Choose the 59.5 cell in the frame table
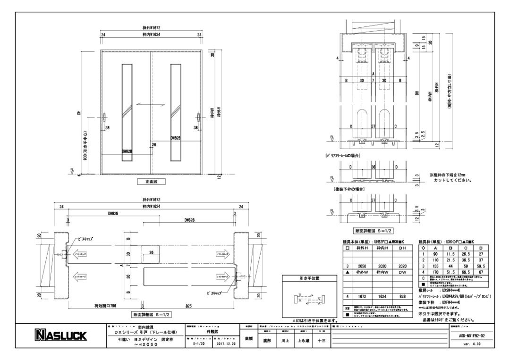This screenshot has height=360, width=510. point(480,266)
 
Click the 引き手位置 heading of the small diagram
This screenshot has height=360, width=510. point(309,278)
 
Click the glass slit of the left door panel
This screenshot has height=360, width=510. point(125,112)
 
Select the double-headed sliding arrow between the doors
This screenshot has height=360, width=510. point(149,104)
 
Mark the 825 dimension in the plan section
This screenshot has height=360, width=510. point(189,306)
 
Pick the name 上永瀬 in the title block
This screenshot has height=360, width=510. point(304,340)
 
